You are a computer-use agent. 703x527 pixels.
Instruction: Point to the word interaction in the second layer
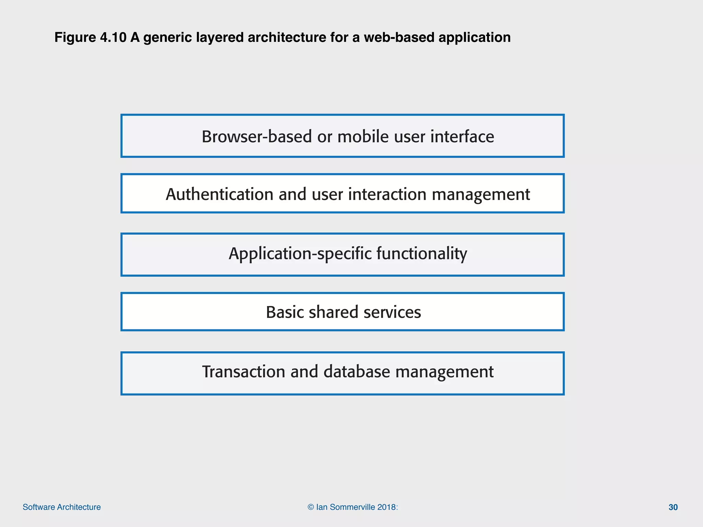point(387,195)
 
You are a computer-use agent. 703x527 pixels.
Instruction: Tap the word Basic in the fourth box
point(285,312)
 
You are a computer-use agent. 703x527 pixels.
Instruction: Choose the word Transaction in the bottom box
point(243,372)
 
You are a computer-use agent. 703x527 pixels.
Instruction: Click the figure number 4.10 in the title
point(113,37)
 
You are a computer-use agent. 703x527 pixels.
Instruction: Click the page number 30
point(673,507)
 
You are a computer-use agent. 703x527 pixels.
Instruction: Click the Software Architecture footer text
point(62,507)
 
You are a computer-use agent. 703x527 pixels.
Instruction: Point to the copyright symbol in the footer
point(311,507)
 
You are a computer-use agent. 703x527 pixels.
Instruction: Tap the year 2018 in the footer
point(386,507)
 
